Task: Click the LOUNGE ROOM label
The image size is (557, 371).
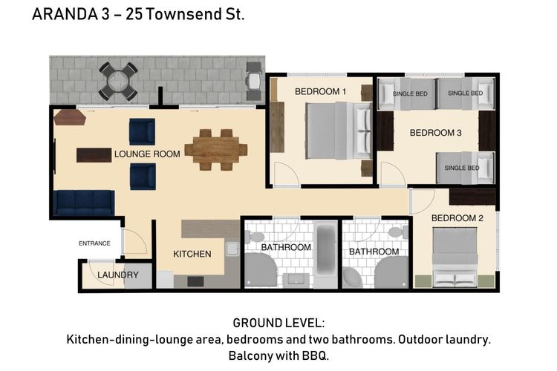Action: tap(147, 154)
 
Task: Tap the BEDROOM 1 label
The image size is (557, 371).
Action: tap(320, 91)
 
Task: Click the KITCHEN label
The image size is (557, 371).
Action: tap(192, 254)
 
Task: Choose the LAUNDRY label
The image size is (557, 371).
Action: tap(118, 275)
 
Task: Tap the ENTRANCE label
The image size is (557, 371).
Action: tap(94, 243)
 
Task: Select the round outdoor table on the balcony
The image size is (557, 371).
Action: tap(119, 80)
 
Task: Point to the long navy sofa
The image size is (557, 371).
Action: tap(83, 202)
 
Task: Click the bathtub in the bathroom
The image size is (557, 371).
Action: tap(325, 249)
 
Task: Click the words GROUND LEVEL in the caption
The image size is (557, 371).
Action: tap(278, 324)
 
